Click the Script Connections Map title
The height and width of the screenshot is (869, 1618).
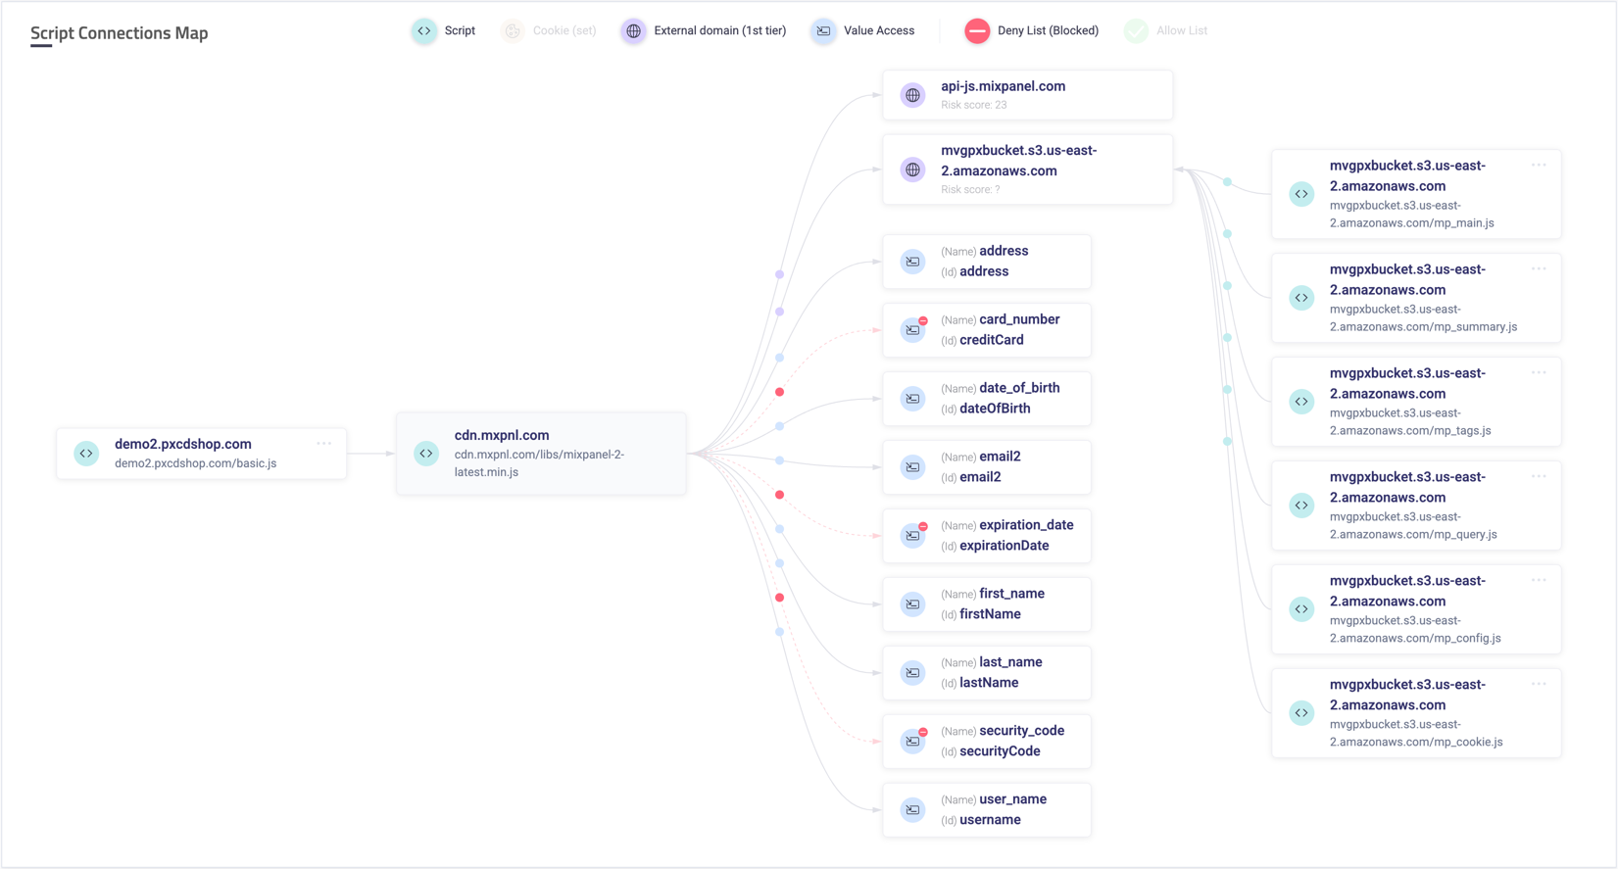[x=119, y=33]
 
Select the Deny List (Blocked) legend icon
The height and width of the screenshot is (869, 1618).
[x=977, y=31]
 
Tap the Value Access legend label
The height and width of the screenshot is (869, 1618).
[x=878, y=31]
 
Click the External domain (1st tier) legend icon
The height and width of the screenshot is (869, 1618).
[x=634, y=31]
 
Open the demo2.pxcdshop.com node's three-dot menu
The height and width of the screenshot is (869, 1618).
[x=323, y=444]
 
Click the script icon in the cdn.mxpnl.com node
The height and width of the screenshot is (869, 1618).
[x=426, y=454]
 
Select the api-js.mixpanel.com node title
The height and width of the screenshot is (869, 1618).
[x=1003, y=86]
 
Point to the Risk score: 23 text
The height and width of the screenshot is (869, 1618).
[x=973, y=105]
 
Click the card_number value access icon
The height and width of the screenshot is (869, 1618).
[x=913, y=330]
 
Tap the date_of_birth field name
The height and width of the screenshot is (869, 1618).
[x=1019, y=388]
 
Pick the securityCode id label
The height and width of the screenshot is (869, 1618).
[x=1000, y=751]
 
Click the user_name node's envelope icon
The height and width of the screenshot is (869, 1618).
[x=913, y=810]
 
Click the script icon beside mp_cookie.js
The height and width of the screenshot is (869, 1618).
[x=1301, y=713]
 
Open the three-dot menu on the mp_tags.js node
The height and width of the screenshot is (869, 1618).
[x=1539, y=372]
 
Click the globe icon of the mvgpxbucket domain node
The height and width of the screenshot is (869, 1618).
[x=913, y=169]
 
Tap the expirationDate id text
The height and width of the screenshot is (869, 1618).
[x=1004, y=546]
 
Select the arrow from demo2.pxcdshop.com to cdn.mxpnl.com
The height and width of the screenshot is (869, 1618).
[x=370, y=454]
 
